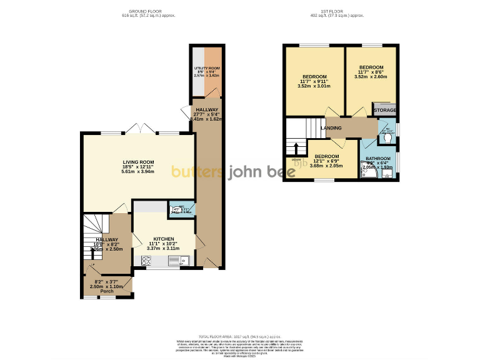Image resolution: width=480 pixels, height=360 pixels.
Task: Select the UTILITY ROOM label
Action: coord(207,67)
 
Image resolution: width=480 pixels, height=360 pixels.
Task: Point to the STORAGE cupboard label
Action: coord(385,110)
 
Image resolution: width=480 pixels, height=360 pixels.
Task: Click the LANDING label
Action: coord(331,127)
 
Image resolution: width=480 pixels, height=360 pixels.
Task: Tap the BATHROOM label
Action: coord(377,159)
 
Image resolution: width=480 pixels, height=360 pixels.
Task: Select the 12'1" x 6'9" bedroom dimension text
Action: coord(326,161)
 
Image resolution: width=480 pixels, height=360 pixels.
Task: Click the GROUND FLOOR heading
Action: coord(145,12)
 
